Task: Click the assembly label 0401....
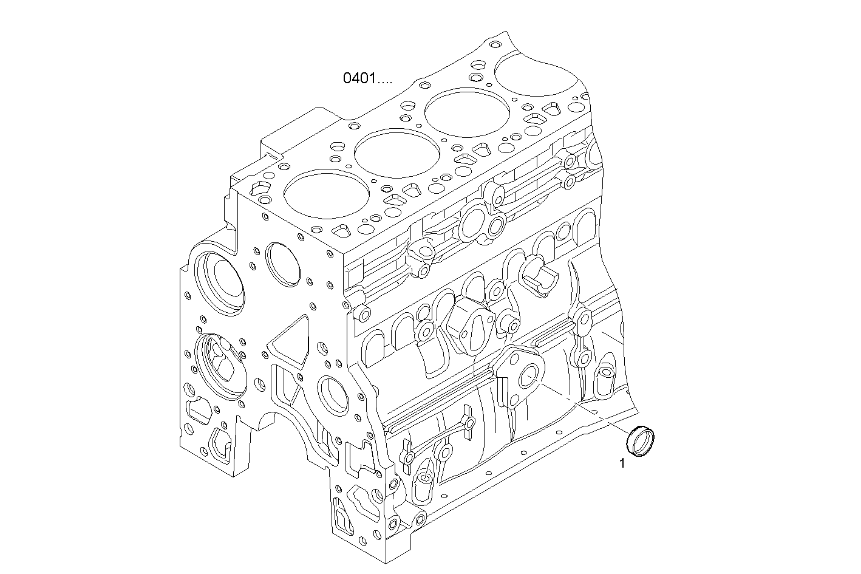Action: click(367, 78)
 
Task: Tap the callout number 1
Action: click(622, 464)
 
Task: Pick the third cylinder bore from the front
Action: click(458, 114)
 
